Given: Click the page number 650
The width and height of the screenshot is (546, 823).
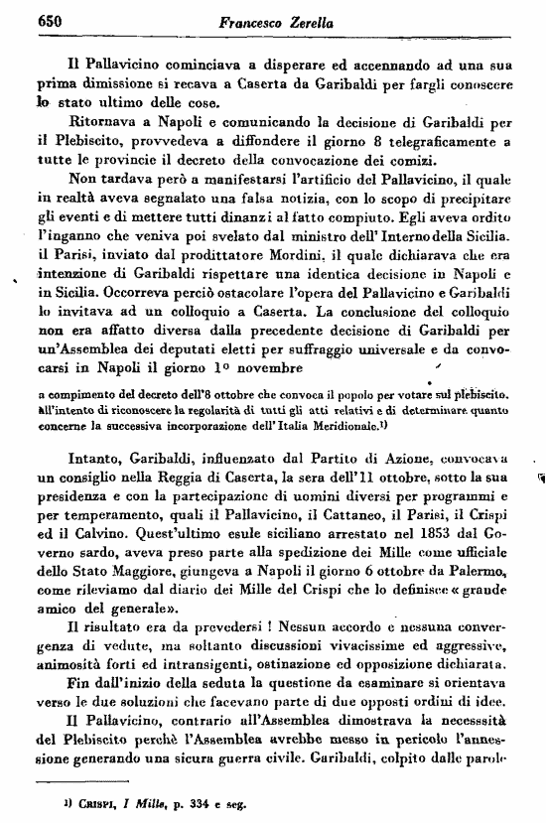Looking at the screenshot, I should coord(23,19).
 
